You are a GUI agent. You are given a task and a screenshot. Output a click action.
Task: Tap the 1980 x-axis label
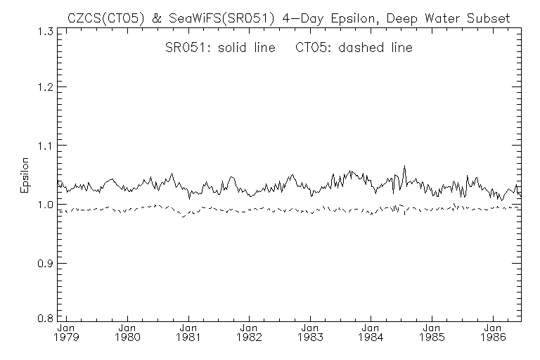tap(127, 337)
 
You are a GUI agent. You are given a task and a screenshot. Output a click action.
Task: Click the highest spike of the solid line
tap(404, 166)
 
